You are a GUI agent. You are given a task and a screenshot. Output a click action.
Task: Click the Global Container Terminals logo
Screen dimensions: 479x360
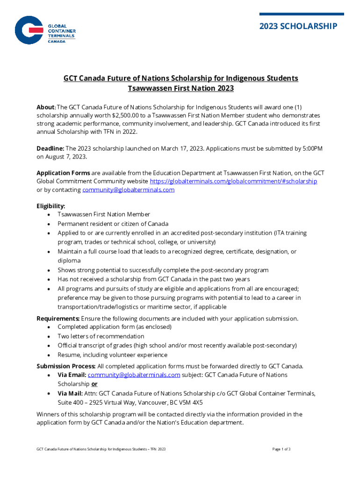click(45, 30)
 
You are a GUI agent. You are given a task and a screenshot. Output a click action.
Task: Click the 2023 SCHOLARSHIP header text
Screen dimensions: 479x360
click(298, 26)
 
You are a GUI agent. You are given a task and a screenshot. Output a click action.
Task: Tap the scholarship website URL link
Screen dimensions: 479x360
click(233, 181)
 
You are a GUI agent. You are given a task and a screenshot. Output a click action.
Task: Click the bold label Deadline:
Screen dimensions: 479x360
click(50, 148)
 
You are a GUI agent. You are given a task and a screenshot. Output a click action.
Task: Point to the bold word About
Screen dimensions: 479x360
click(46, 107)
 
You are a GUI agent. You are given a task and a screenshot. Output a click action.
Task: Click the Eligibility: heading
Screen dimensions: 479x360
click(51, 206)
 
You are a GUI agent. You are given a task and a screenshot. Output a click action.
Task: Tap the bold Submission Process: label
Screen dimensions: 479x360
click(66, 366)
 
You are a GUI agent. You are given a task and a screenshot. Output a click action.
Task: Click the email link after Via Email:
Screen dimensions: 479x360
click(134, 375)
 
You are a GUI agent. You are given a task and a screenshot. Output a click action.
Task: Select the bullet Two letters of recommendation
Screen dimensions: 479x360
click(101, 336)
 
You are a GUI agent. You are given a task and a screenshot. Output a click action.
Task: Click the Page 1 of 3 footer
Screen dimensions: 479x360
click(281, 450)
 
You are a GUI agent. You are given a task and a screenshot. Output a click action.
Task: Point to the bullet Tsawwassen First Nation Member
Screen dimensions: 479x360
click(104, 214)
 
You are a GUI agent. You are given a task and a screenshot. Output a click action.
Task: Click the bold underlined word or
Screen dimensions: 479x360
click(94, 384)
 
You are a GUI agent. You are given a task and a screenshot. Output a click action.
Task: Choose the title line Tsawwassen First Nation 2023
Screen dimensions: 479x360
click(180, 88)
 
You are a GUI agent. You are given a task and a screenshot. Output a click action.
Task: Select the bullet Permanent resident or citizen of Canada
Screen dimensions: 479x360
click(113, 224)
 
